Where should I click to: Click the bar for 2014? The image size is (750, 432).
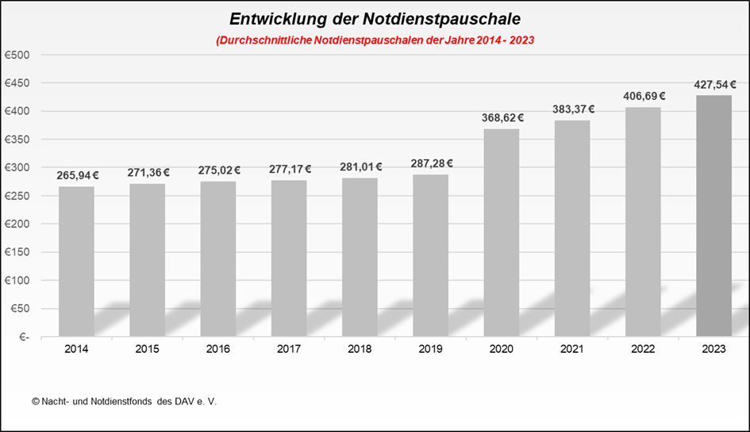coord(76,262)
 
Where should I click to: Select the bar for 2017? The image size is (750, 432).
coord(289,258)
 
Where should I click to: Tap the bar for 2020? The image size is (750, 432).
coord(502,233)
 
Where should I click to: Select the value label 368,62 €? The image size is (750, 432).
coord(502,117)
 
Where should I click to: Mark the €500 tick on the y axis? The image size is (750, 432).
coord(17,55)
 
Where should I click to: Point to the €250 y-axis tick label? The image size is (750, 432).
coord(17,196)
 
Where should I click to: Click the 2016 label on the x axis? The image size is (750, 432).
coord(217,348)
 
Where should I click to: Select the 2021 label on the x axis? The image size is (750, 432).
coord(572,348)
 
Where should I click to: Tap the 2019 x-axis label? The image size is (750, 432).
coord(430,348)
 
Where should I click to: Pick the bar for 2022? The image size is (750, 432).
coord(643,222)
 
